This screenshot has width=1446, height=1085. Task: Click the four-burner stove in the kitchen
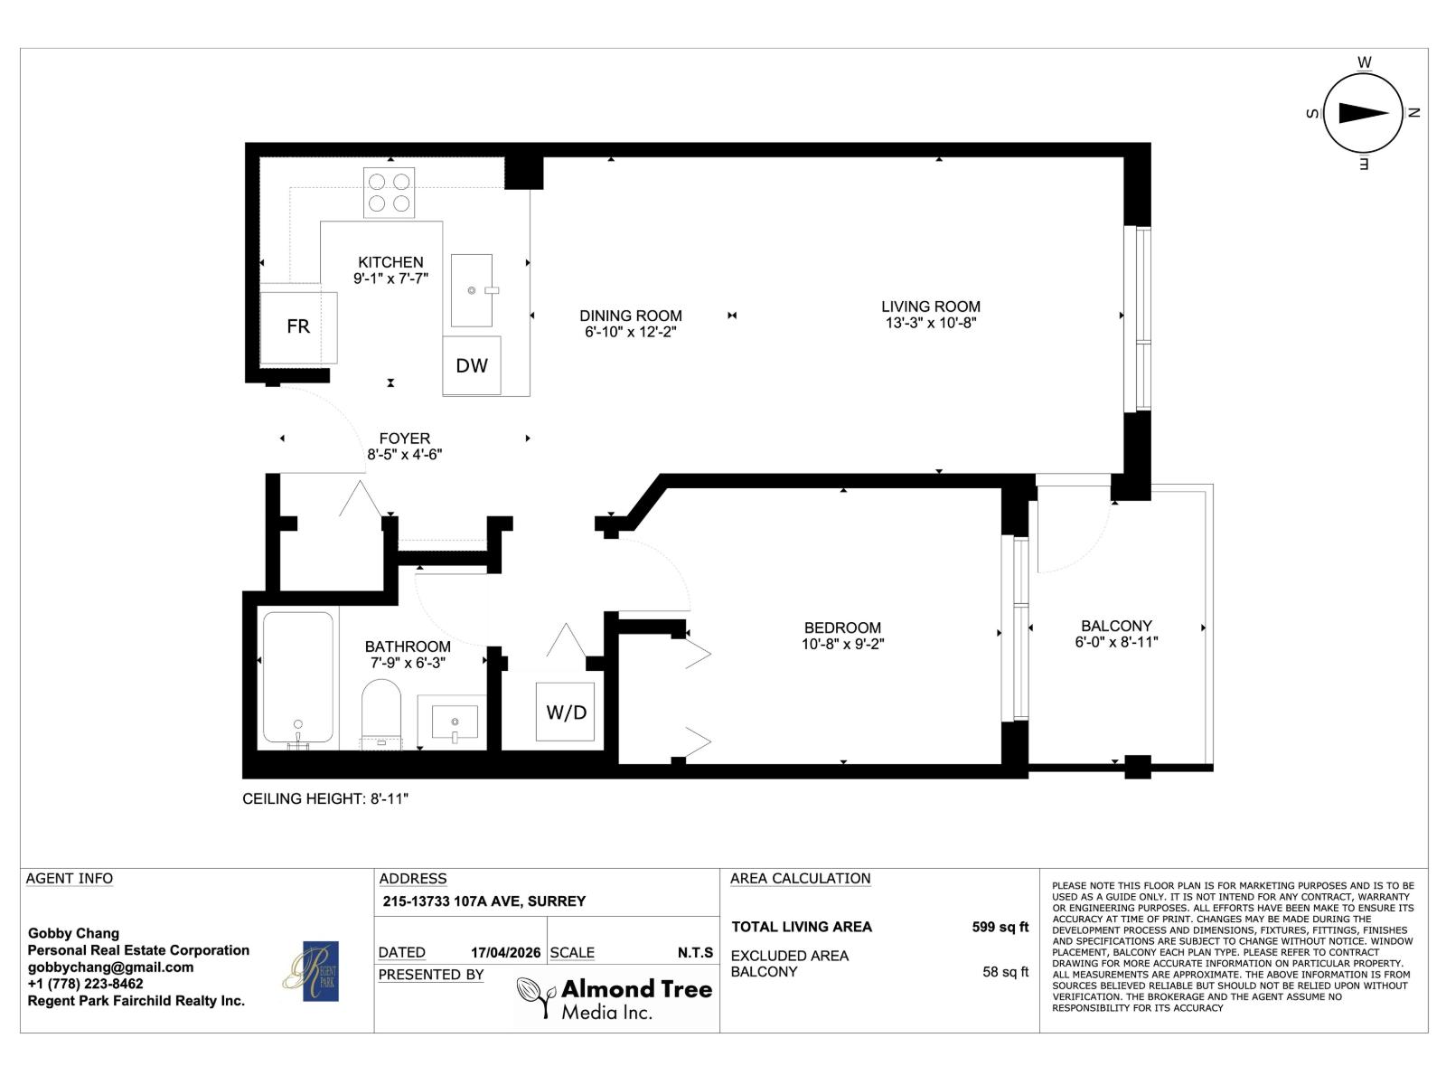389,193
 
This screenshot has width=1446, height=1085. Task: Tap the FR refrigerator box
298,325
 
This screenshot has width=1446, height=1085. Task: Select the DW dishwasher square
471,365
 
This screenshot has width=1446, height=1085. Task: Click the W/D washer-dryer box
566,712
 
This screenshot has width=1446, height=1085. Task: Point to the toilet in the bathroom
380,713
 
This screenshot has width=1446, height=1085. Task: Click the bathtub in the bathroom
297,678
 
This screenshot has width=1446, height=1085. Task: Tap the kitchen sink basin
472,289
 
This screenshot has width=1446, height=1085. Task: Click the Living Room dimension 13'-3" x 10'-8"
930,323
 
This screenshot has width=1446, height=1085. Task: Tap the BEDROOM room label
842,627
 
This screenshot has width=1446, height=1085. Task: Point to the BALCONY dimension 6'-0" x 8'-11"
1116,642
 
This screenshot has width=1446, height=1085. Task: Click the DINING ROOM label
630,316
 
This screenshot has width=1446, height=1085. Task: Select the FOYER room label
404,439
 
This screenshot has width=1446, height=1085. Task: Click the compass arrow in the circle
1363,113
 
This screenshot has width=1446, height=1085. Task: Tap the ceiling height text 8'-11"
389,799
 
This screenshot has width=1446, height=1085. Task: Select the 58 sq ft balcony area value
1005,972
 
